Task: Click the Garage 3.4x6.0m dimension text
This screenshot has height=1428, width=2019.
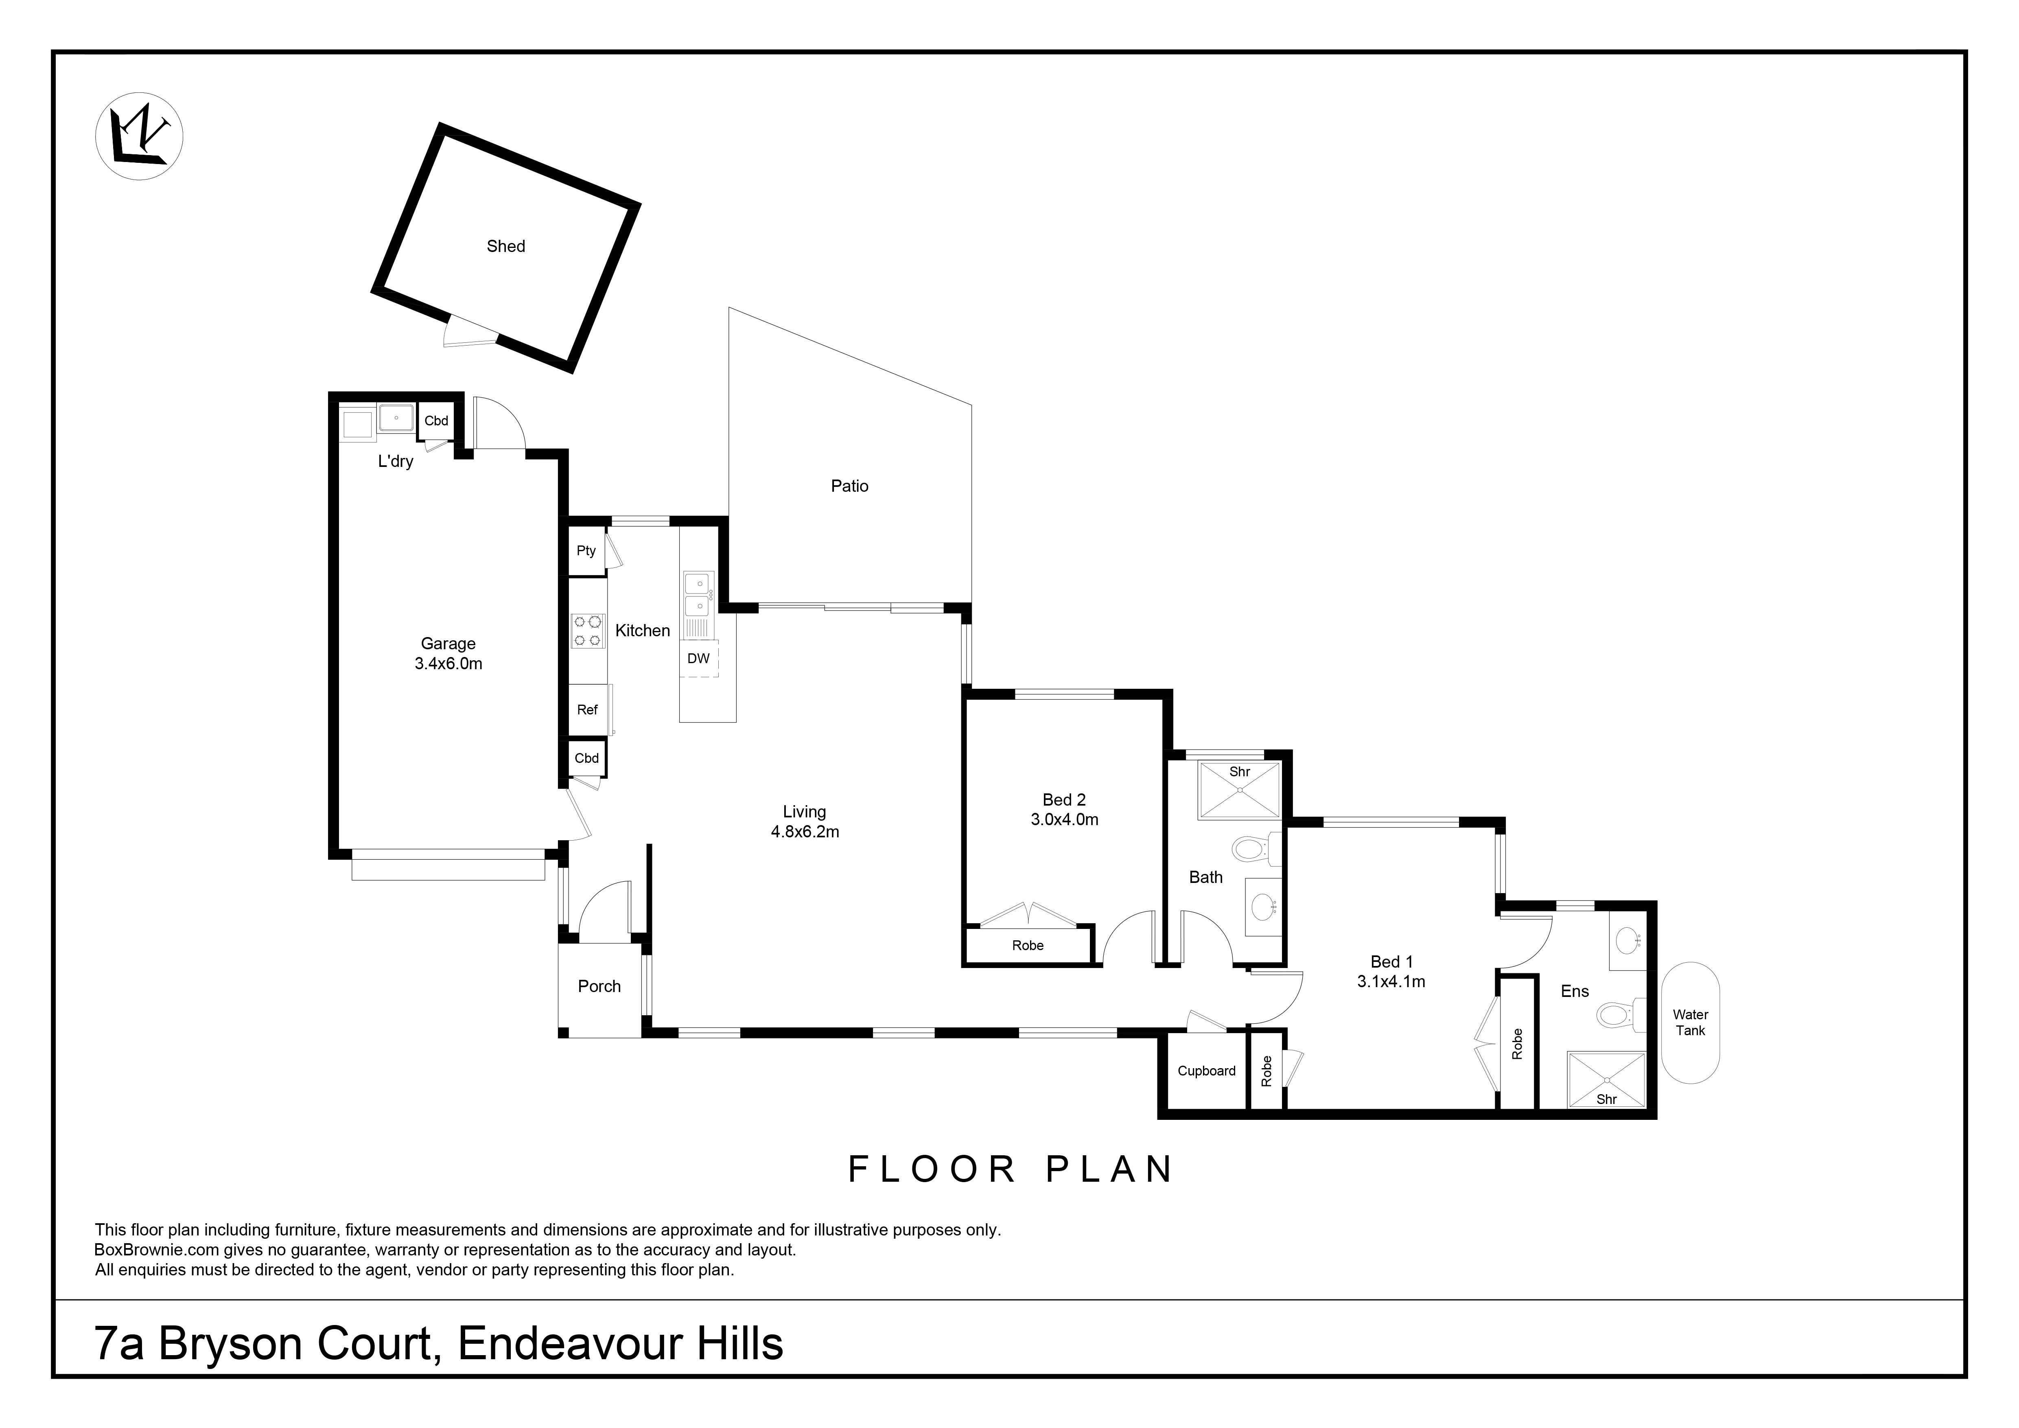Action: point(448,664)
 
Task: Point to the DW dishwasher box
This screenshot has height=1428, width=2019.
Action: point(698,659)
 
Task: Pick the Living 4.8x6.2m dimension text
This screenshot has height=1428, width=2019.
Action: point(805,832)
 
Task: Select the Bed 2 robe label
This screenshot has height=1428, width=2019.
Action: point(1027,945)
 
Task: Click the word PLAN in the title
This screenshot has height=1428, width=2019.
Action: point(1110,1170)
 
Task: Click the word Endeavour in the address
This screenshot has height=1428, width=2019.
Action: point(570,1344)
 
